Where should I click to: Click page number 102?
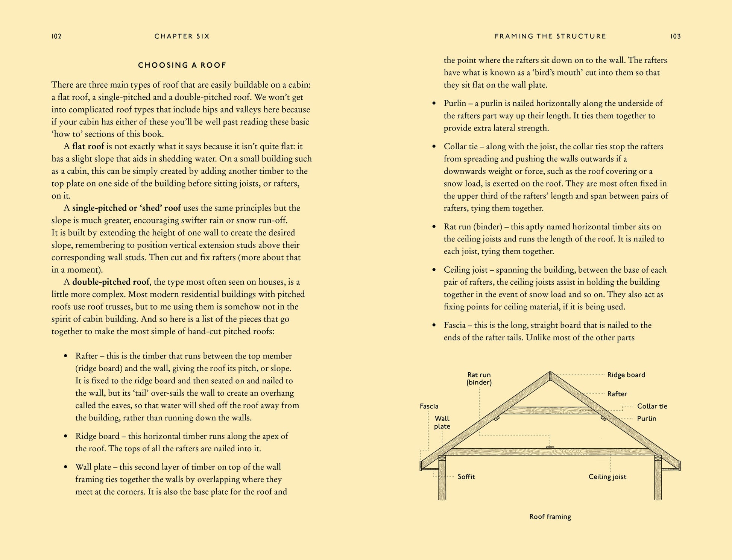tap(56, 36)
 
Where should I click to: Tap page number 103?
tap(676, 36)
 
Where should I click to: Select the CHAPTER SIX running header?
tap(182, 36)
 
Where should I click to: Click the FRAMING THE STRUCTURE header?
tap(550, 36)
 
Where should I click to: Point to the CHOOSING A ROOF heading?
tap(182, 65)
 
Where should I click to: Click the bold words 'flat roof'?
tap(88, 146)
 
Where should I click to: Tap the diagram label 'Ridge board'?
tap(626, 375)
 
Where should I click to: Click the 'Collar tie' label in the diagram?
tap(652, 406)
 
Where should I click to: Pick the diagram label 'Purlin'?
tap(646, 419)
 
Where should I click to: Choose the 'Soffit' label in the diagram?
tap(466, 477)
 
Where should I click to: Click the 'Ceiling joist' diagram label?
tap(607, 477)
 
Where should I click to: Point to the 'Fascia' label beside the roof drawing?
tap(429, 406)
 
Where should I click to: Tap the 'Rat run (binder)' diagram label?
tap(479, 378)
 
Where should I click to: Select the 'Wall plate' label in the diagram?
tap(442, 422)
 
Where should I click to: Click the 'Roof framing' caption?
tap(550, 517)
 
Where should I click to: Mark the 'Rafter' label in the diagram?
tap(617, 394)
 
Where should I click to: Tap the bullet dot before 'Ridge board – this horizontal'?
tap(66, 437)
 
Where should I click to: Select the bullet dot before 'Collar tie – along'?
tap(434, 147)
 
